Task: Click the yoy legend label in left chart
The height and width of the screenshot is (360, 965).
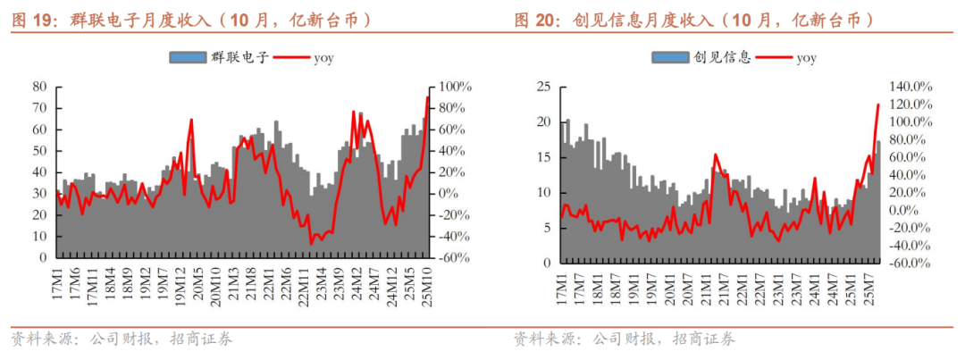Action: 323,58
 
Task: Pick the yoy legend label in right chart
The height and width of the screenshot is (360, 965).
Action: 806,58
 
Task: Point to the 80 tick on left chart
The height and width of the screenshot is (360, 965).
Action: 39,87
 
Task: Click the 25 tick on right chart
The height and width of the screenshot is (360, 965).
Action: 541,87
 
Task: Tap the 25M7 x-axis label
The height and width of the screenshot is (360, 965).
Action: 866,284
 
